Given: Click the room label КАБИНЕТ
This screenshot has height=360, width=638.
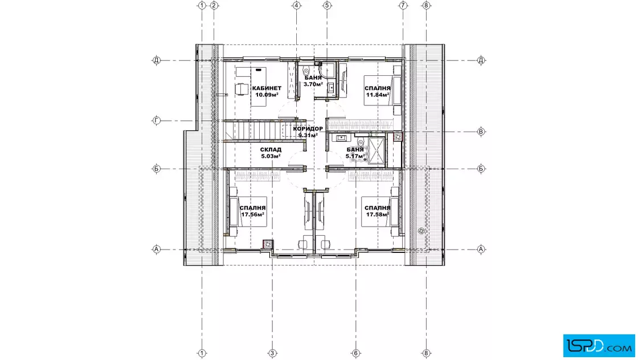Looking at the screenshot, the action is coord(267,88).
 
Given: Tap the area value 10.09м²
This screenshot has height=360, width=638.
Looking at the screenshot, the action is coord(267,95).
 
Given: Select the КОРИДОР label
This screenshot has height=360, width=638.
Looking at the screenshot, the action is coord(308,129).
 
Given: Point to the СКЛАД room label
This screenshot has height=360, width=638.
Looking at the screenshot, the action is coord(271,150).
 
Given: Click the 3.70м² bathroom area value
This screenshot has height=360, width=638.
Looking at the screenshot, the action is coord(313,84).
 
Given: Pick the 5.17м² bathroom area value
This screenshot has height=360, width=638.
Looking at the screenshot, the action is coord(355,156).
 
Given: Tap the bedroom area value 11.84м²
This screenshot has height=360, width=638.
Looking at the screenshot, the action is coord(378,95).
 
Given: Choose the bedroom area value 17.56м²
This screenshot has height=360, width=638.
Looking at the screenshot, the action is coord(253,214).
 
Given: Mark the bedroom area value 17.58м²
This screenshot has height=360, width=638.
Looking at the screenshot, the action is coord(378,214).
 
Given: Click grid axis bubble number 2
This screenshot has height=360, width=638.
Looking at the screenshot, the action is coord(214,5).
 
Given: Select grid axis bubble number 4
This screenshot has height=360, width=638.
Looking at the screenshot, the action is coord(296,5).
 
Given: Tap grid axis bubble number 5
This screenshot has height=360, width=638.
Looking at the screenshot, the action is coord(327,5).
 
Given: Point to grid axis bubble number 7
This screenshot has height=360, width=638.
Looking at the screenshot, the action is coord(403,5).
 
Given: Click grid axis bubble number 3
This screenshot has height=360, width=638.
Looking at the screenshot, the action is coord(273,353).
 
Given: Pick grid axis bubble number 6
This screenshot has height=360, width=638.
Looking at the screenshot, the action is coord(355,353).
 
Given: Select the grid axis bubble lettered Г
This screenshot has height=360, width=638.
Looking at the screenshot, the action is coord(157,120).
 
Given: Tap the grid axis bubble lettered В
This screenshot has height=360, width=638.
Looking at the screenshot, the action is coord(481,132).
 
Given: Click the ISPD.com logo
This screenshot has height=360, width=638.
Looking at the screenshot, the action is coord(599,346).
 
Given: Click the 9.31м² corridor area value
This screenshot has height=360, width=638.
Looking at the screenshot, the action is coord(308,135).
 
